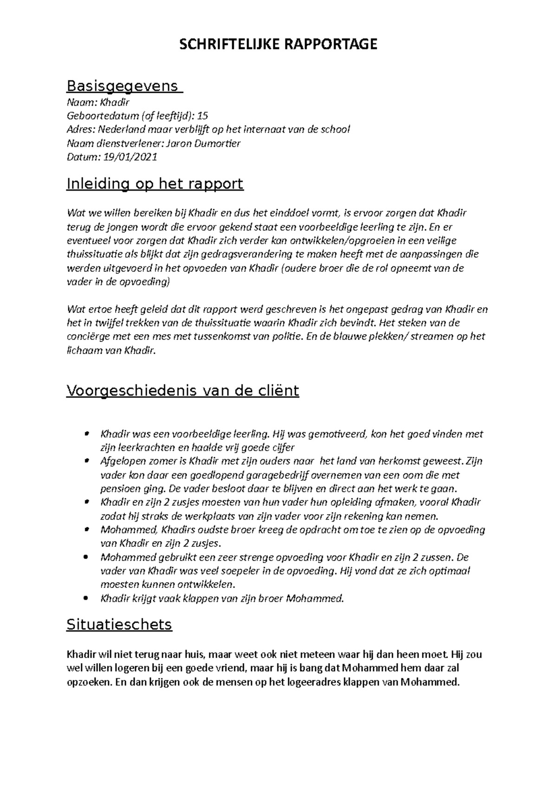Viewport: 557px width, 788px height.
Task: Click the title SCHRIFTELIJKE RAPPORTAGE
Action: pyautogui.click(x=278, y=44)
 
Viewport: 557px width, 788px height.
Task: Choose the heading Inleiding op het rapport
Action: pyautogui.click(x=155, y=184)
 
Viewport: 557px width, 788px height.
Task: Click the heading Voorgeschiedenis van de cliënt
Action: pyautogui.click(x=182, y=390)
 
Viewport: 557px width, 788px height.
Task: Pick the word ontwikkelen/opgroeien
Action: pyautogui.click(x=339, y=240)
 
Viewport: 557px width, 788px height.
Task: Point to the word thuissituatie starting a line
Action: pyautogui.click(x=95, y=254)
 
